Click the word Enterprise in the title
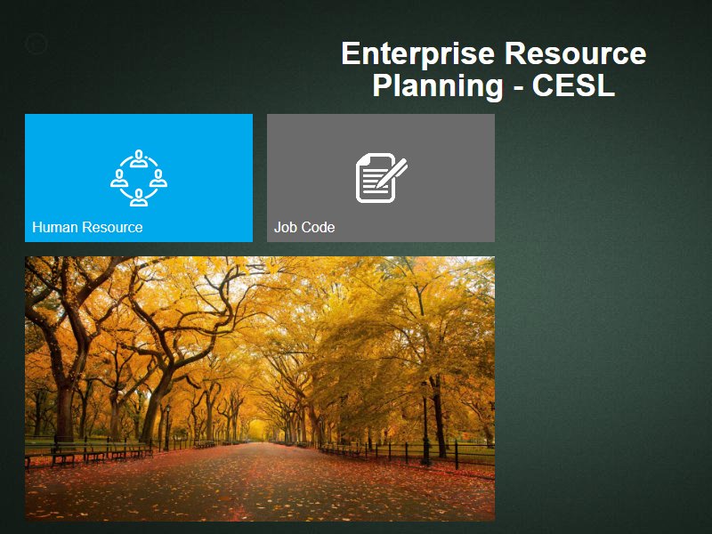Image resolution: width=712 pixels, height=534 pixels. (x=417, y=54)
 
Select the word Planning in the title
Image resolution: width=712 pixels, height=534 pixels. (x=438, y=85)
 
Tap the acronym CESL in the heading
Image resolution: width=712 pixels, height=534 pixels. (x=573, y=85)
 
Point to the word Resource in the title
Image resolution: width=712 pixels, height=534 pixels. (x=575, y=53)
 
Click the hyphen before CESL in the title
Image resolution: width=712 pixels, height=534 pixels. (x=518, y=87)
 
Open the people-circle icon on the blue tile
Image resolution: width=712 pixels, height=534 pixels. (x=139, y=178)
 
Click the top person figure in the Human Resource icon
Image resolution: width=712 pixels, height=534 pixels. (x=139, y=158)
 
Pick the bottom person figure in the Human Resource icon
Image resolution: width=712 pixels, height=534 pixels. (x=139, y=198)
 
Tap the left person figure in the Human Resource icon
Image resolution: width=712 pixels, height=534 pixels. (x=119, y=178)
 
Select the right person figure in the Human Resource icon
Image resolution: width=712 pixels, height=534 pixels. (x=158, y=178)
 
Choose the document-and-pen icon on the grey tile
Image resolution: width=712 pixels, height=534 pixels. (x=381, y=177)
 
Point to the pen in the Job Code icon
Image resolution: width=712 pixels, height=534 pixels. (x=392, y=173)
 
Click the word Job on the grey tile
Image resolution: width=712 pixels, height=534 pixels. (x=282, y=227)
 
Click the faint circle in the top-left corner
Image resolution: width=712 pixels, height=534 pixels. (x=36, y=44)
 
